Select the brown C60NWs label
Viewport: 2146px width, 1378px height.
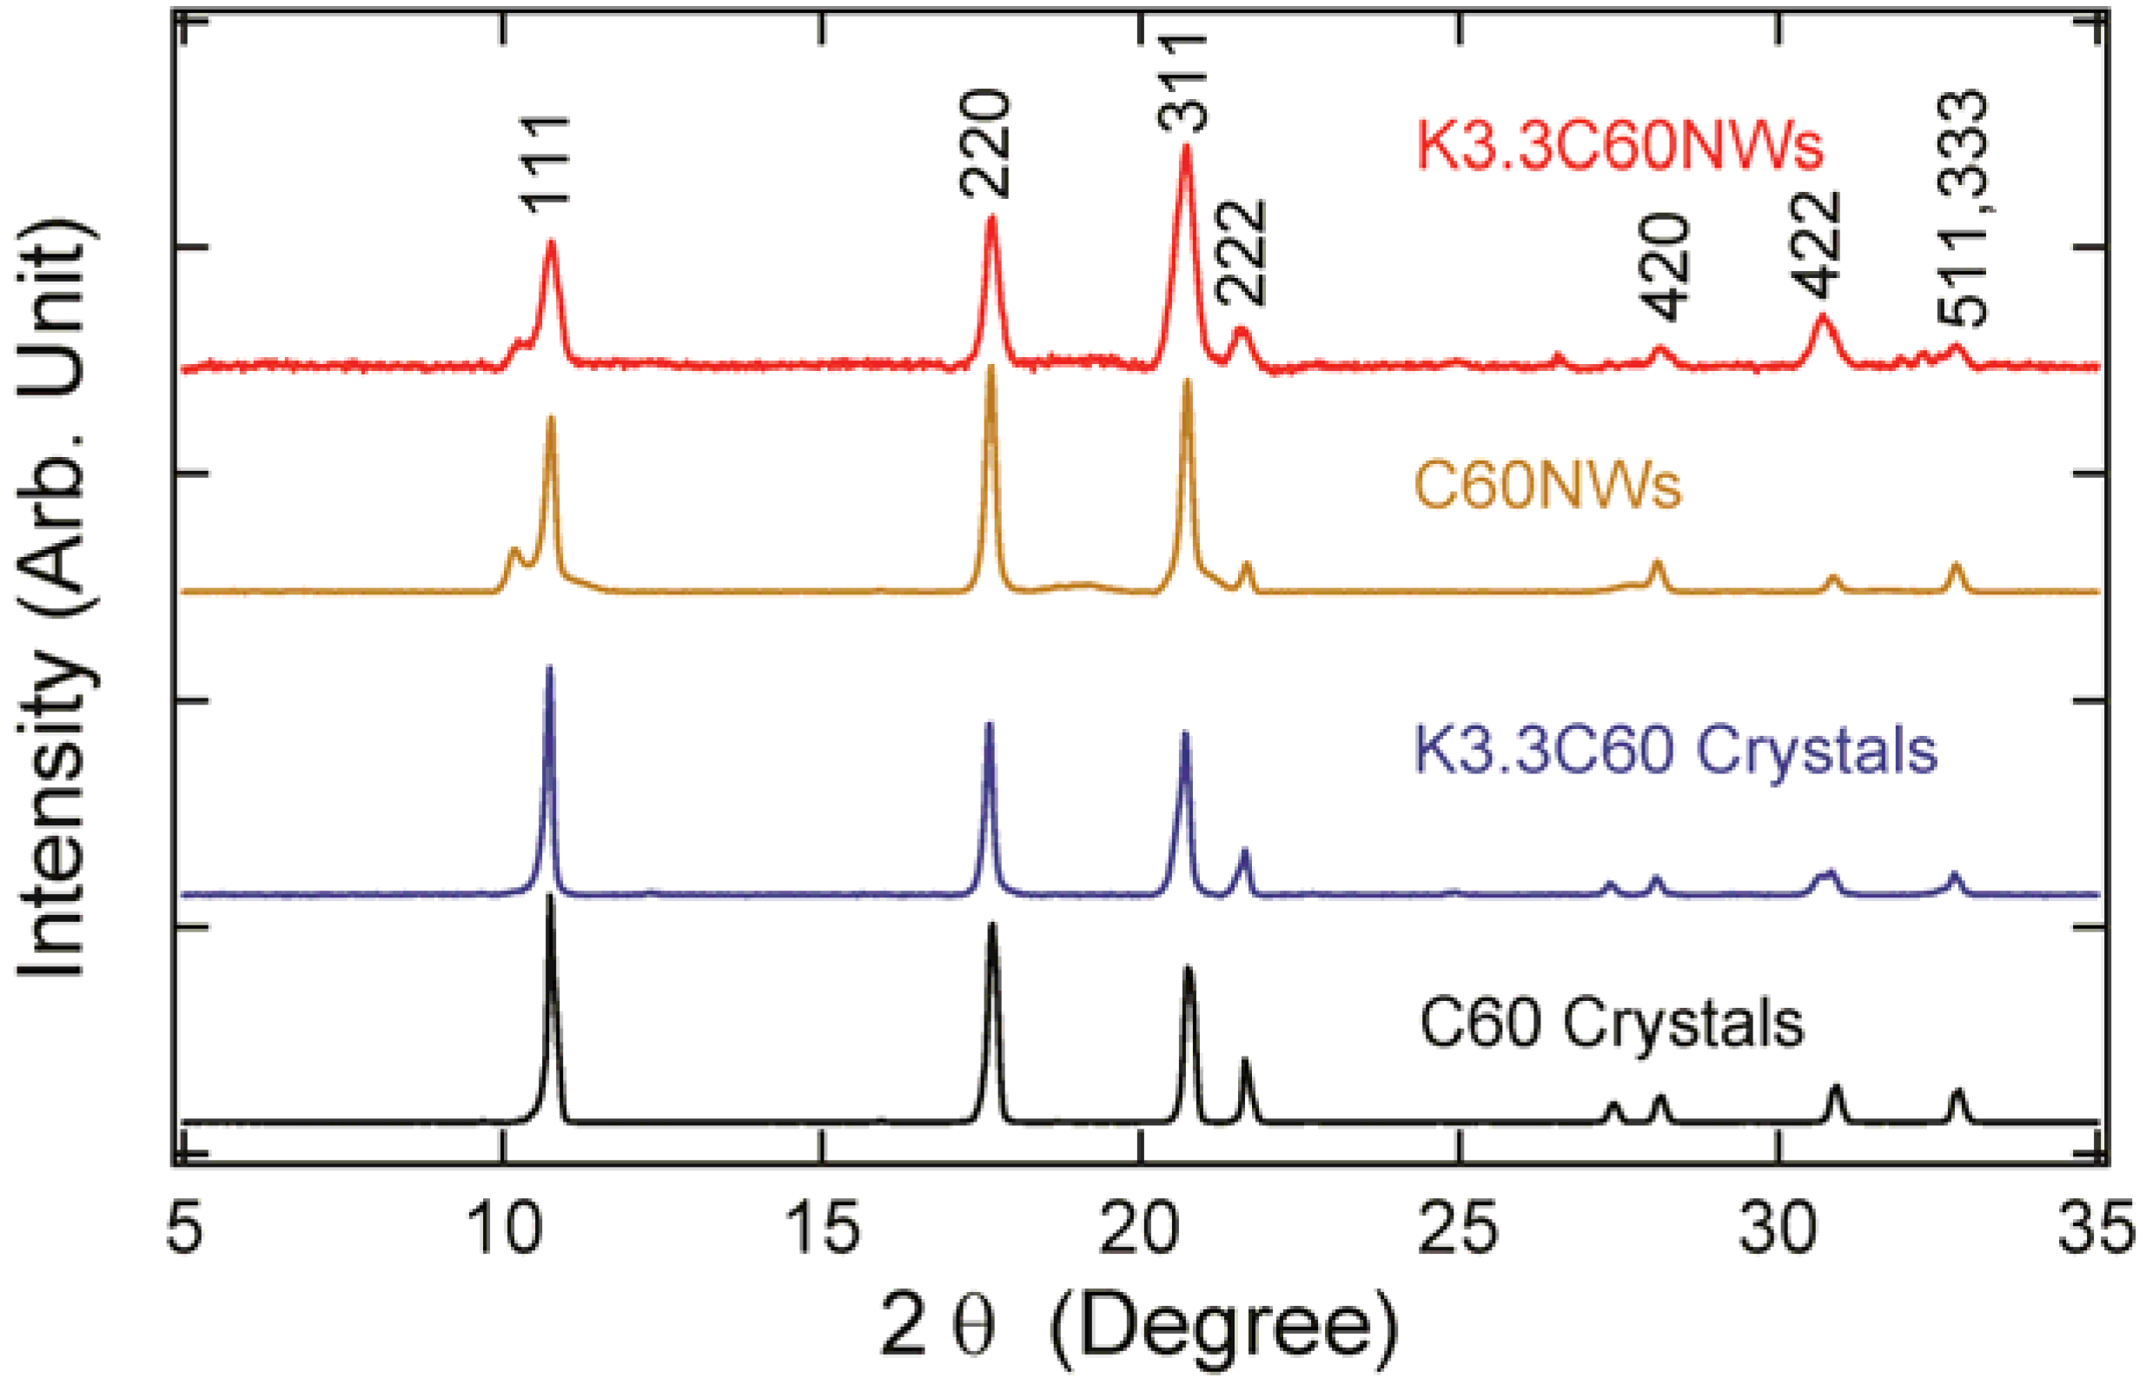click(1547, 487)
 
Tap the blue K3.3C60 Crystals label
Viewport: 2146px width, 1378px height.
click(1674, 750)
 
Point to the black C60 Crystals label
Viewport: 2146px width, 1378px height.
click(1612, 1024)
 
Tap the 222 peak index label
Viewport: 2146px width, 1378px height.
click(1241, 254)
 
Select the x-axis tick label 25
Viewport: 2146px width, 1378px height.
click(1459, 1233)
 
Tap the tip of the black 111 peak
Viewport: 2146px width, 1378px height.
click(550, 898)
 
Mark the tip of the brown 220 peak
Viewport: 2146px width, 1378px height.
click(990, 368)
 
